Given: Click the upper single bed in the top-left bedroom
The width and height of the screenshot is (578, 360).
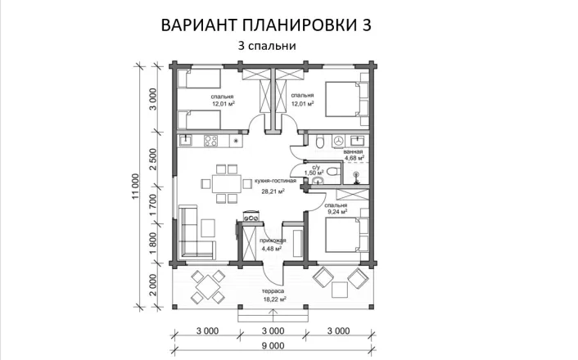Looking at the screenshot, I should [200, 80].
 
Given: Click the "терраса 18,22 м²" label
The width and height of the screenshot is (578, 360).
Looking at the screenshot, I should [273, 296].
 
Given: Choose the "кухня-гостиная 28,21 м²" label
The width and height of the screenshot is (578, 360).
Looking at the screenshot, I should [273, 187].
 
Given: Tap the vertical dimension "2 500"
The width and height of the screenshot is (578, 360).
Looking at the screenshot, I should [153, 157].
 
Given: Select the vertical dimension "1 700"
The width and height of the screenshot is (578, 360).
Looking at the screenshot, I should [153, 203].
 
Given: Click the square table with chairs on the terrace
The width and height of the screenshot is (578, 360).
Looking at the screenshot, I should [207, 287].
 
